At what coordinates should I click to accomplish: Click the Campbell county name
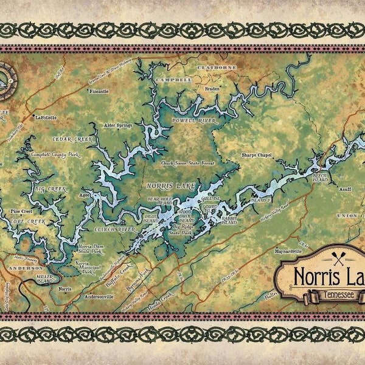coord(173,80)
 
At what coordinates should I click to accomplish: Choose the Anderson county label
coord(25,267)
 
